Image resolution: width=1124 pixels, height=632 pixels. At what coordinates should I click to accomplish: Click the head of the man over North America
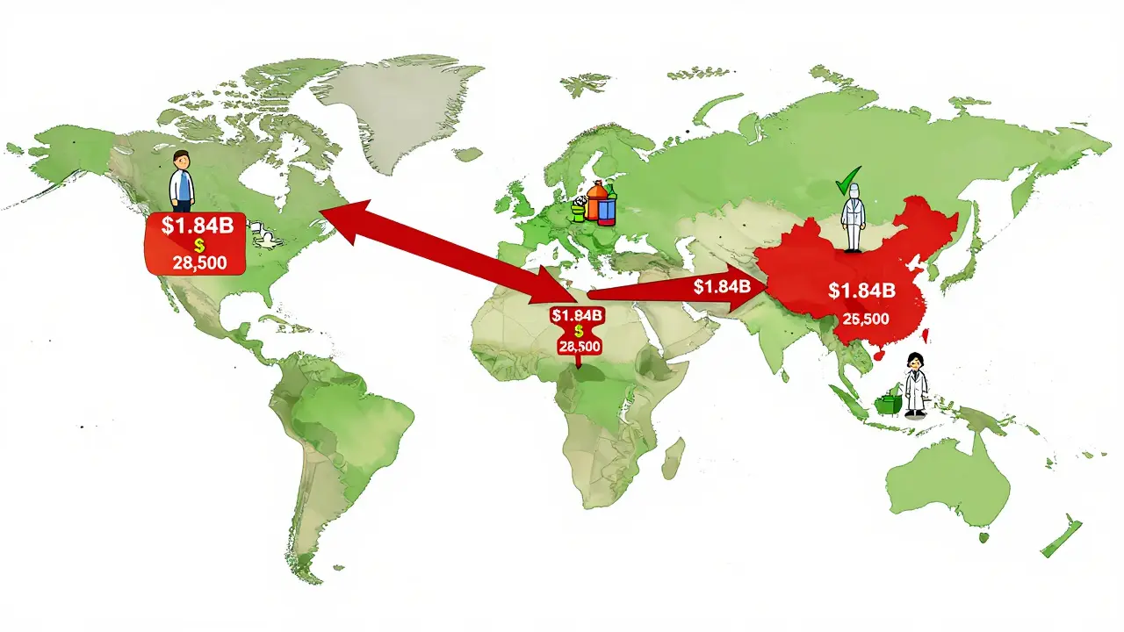(181, 161)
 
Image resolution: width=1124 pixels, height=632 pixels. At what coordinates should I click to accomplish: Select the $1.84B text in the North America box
(198, 225)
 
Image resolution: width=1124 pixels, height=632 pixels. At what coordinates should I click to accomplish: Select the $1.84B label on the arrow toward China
(722, 286)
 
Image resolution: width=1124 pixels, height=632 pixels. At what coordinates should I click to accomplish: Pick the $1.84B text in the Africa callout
(577, 314)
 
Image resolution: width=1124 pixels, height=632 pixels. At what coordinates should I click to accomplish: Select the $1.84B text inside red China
(861, 291)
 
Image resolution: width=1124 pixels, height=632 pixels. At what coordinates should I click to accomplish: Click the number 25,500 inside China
(866, 319)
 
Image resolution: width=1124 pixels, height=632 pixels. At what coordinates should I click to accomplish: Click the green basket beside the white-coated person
(889, 404)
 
